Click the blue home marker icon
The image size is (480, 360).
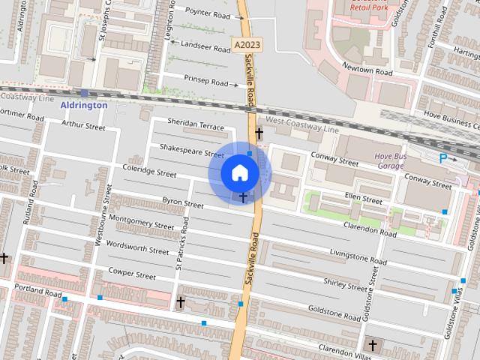click(239, 173)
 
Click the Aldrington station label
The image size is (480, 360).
click(84, 105)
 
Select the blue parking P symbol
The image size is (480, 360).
click(443, 158)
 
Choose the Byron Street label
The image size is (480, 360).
click(183, 202)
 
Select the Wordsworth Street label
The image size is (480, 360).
click(138, 247)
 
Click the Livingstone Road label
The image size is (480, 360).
click(358, 259)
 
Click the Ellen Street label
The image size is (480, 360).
click(364, 199)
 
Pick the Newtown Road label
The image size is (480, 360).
click(367, 70)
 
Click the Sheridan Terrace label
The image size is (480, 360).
click(196, 127)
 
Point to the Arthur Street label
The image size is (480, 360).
click(84, 126)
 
